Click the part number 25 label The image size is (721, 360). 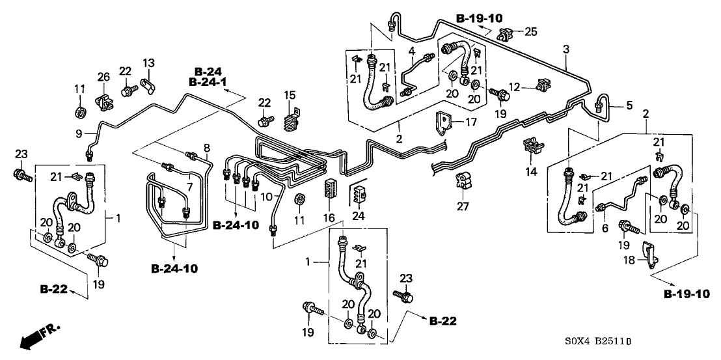coord(532,32)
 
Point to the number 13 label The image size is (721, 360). coord(149,63)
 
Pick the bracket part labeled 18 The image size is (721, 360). coord(648,254)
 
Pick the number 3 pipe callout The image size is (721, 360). coord(566,49)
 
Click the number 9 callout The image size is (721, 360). coord(78,133)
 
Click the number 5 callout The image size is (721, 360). coord(629,105)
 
